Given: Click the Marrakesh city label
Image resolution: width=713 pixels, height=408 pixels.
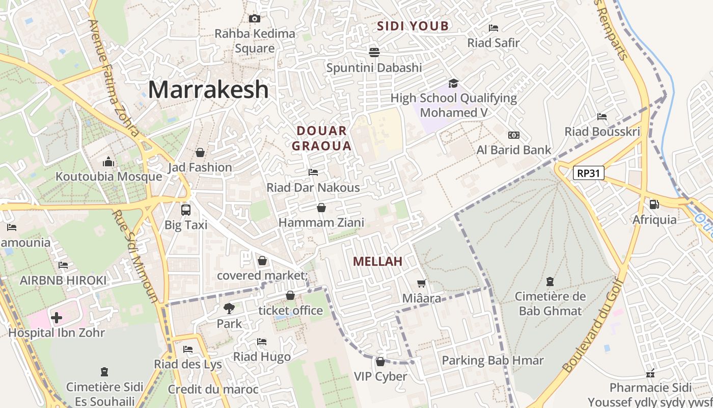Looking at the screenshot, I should [x=208, y=90].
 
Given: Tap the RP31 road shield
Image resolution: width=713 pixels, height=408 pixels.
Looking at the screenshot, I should [x=588, y=173].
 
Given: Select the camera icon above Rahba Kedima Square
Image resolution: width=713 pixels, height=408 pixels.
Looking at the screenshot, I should [x=254, y=19].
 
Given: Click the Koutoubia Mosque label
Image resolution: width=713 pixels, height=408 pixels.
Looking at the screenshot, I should [x=108, y=177].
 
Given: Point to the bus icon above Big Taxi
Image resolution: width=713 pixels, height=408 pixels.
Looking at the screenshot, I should [x=185, y=210].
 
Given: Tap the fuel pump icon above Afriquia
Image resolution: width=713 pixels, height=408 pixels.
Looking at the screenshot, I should [x=654, y=205].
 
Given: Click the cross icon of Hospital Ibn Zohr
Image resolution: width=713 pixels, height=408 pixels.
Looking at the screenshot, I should [x=57, y=318].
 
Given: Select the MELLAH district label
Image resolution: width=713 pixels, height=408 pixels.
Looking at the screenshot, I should [x=377, y=262].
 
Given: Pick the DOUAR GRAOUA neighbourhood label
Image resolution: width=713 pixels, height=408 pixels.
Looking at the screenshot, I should [x=324, y=138].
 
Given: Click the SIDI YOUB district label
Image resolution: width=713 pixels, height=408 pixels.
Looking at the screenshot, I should [x=413, y=26].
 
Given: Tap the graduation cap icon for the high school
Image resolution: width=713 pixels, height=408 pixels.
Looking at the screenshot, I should [x=453, y=83].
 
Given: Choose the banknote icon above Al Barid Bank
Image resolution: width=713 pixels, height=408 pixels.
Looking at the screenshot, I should [x=514, y=135].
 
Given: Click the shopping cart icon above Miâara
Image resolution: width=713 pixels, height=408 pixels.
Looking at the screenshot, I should [x=421, y=284].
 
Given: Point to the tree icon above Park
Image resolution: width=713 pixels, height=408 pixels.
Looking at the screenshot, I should [x=229, y=308].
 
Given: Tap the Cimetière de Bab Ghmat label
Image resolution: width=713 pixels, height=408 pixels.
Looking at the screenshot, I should [x=550, y=303].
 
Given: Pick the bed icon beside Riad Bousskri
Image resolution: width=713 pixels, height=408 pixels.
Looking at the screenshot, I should [x=602, y=117].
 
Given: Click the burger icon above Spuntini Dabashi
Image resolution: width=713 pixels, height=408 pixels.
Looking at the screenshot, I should [x=374, y=53].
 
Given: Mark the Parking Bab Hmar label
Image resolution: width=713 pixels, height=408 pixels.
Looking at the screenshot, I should [x=492, y=361].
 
